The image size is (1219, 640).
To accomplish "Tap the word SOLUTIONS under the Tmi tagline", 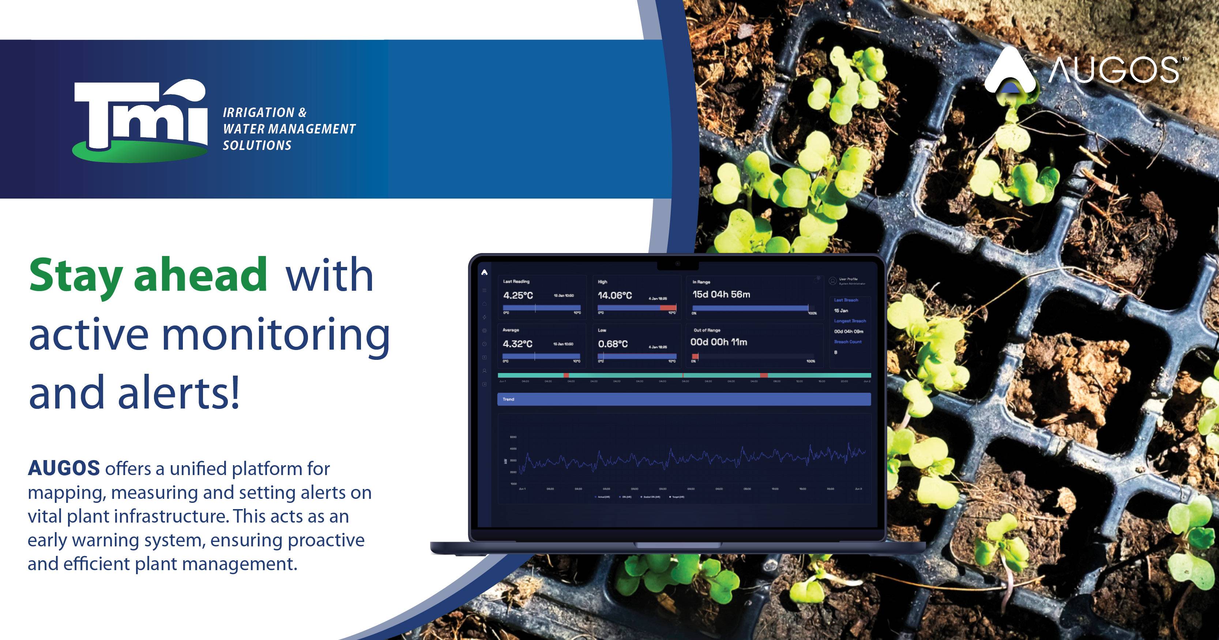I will coord(257,145).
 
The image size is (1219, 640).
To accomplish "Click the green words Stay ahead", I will coord(148,276).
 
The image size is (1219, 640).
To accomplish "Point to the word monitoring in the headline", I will coord(276,335).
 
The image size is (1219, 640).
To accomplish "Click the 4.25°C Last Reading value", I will coord(518,295).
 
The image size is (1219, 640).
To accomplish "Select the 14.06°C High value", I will coord(615,295).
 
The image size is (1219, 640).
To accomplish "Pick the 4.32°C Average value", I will coord(517,344).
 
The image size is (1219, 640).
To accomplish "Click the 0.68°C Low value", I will coord(613,344).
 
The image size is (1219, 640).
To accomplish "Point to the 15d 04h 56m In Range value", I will coord(721,294).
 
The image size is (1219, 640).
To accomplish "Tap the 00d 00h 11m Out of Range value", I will coord(719,342).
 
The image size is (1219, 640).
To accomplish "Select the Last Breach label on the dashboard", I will coord(846,300).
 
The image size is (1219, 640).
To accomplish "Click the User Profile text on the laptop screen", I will coord(849,279).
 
